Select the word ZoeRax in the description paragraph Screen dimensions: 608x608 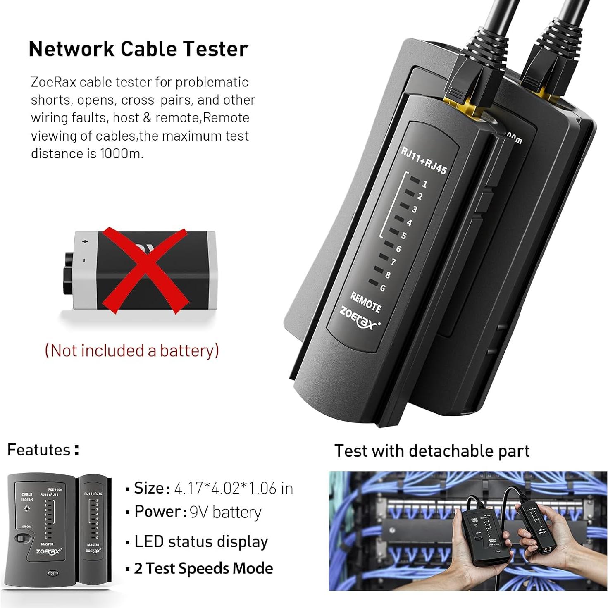point(53,82)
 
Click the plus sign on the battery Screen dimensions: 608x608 point(86,241)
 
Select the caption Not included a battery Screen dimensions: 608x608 point(131,350)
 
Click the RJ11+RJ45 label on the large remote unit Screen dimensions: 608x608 point(424,161)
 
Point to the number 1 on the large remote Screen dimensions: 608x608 point(424,184)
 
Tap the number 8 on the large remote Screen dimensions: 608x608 point(388,275)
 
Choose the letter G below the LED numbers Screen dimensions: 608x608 point(383,288)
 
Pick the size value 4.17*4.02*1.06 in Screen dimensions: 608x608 point(234,489)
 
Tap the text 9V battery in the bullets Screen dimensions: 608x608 point(225,513)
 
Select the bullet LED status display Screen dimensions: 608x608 point(201,541)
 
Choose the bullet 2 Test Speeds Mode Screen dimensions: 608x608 point(203,569)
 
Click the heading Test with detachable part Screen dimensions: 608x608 point(432,451)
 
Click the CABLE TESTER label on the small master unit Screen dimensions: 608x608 point(27,496)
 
